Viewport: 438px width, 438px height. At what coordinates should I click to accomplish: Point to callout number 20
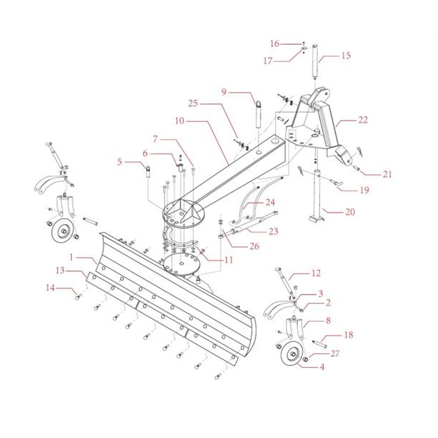click(350, 212)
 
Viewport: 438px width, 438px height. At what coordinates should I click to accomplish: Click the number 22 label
click(363, 120)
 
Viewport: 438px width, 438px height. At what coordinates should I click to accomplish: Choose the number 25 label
click(193, 104)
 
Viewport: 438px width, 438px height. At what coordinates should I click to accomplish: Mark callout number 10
click(180, 120)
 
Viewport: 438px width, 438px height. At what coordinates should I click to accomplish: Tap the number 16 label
click(275, 43)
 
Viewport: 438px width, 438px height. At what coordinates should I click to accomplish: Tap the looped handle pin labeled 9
click(258, 115)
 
